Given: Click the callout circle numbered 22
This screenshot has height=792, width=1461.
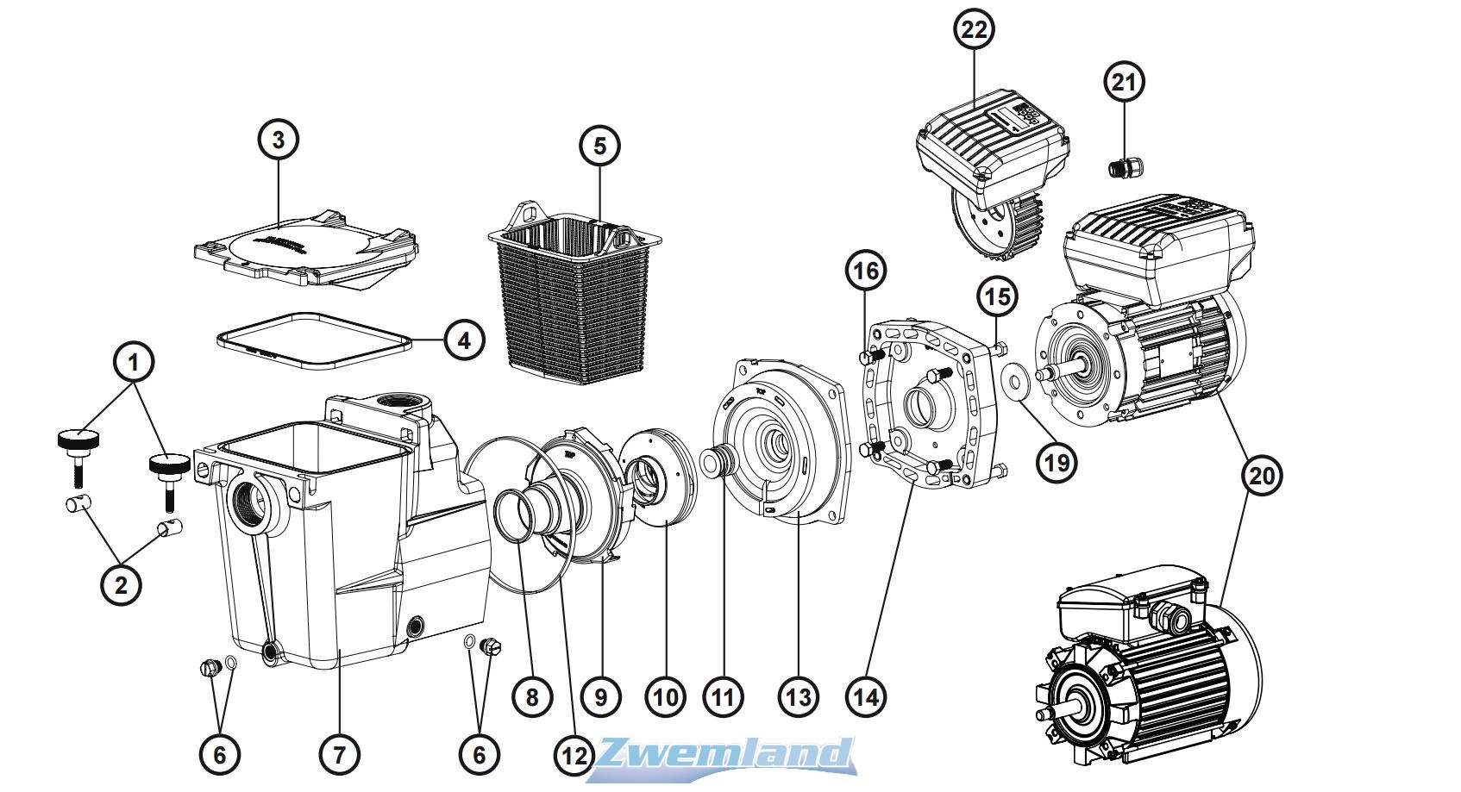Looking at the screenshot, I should tap(973, 29).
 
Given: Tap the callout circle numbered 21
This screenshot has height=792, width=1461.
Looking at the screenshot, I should tap(1124, 83).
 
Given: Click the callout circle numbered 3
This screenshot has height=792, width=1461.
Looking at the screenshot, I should tap(278, 140).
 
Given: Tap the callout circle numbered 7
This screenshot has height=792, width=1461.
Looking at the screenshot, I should tap(339, 755).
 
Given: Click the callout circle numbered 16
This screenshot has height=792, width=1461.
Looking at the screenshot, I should tap(866, 271).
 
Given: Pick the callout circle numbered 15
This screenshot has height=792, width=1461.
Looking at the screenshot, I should tap(996, 298).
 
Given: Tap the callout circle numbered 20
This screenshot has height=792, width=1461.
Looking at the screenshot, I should tap(1261, 476).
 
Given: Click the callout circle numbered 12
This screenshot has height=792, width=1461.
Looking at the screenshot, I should tap(573, 755).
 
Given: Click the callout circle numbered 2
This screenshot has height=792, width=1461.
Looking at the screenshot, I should tap(121, 586).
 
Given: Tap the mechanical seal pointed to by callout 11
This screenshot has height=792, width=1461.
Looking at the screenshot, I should tap(715, 460).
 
